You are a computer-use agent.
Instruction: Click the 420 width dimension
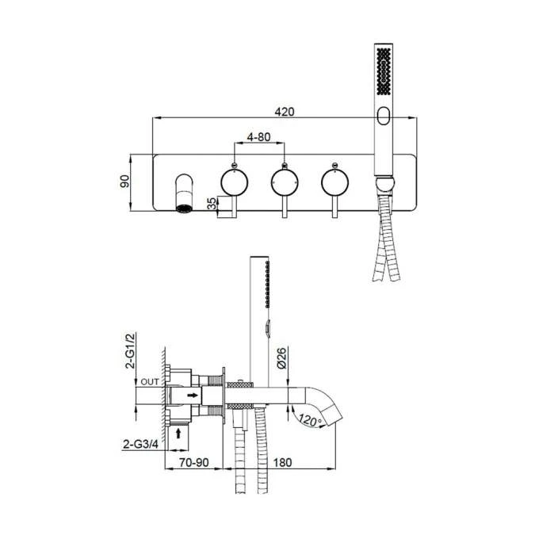tap(285, 112)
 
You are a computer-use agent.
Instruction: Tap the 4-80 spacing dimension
tap(258, 136)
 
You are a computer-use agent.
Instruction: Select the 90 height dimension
tap(124, 182)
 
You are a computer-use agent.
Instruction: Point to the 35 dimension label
tap(210, 204)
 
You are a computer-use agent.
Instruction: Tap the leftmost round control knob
tap(232, 182)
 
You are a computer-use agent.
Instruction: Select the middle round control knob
tap(284, 182)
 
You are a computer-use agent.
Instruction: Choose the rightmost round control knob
tap(334, 182)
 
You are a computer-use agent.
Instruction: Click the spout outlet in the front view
tap(183, 209)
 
